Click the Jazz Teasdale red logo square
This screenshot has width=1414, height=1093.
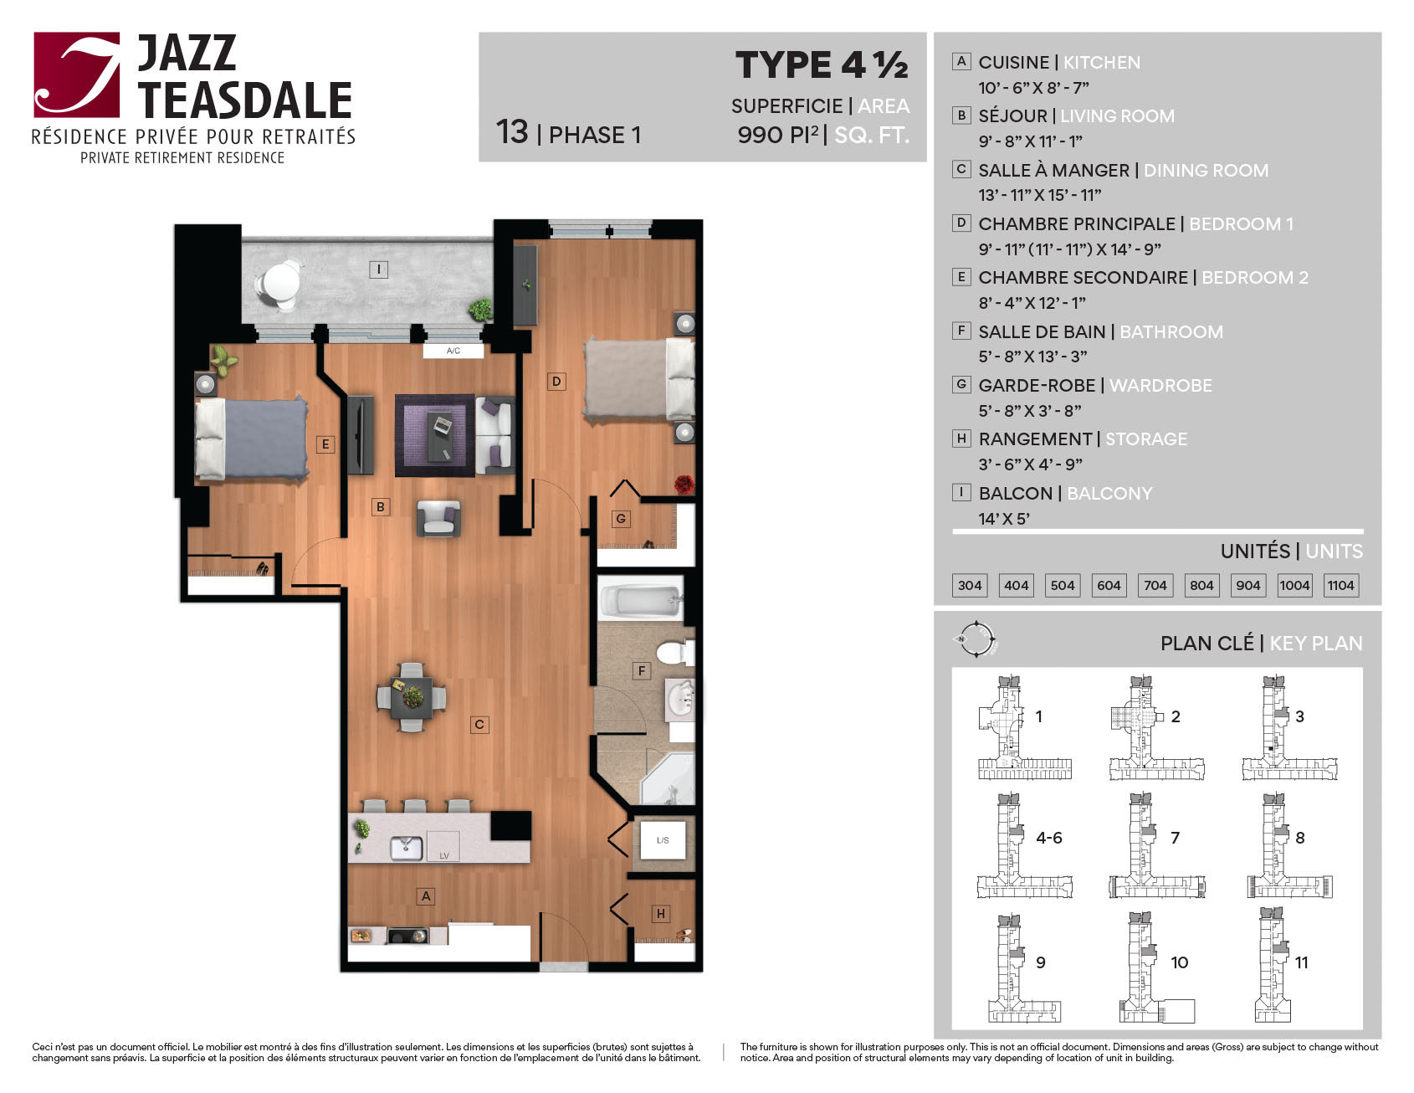77,74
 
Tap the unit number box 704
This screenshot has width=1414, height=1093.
1155,585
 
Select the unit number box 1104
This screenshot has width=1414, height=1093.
1340,585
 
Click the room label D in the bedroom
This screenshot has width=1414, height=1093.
556,382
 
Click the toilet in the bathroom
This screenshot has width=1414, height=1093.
674,652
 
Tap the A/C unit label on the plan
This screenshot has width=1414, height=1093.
453,351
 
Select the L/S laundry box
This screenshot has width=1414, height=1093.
663,839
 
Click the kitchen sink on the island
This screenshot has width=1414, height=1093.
407,849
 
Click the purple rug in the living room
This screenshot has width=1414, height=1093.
434,435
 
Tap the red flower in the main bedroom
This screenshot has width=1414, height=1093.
684,484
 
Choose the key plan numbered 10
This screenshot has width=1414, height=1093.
1156,967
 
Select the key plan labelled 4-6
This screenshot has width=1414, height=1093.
1025,845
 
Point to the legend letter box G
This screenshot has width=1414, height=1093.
961,384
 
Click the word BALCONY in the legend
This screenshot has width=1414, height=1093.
1109,494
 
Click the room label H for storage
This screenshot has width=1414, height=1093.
661,914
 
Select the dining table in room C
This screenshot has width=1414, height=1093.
412,697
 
